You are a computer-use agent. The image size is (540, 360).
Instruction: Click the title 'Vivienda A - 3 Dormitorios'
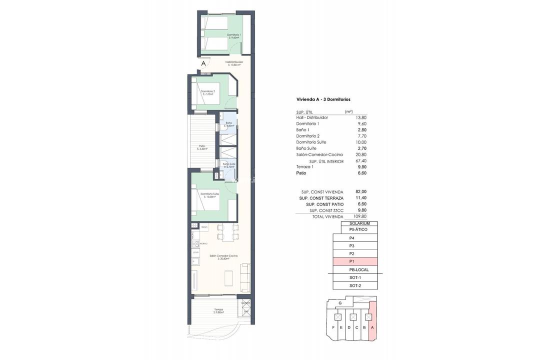tap(323, 99)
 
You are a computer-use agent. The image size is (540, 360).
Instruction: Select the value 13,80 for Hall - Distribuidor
tap(360, 117)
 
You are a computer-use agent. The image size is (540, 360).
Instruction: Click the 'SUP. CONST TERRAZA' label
tap(321, 198)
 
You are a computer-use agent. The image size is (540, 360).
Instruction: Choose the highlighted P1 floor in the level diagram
tap(355, 261)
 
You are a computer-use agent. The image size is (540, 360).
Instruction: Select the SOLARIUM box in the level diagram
tap(359, 223)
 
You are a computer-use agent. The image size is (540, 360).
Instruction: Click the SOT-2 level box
tap(355, 285)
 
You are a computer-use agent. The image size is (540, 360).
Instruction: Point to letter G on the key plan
tap(340, 303)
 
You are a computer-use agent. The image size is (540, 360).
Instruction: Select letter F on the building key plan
tap(333, 327)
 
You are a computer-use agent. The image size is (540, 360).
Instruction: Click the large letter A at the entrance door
tap(203, 63)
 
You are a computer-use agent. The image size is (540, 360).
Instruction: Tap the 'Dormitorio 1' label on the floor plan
tap(233, 35)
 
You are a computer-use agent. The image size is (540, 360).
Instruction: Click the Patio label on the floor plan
tap(202, 146)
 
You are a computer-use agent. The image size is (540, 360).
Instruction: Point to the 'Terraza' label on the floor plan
tap(218, 310)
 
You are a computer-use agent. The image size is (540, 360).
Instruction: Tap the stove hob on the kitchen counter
tap(195, 243)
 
